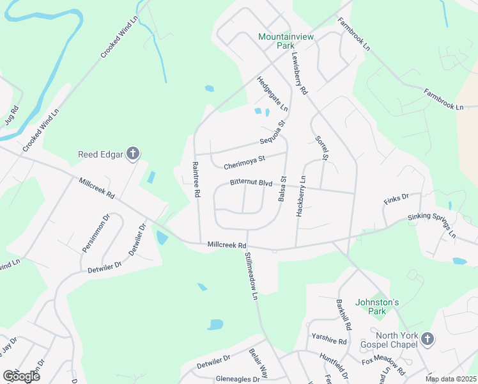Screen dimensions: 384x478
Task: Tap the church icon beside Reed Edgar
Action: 133,154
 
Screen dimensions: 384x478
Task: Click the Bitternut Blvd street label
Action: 251,184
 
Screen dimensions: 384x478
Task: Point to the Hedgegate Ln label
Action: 272,94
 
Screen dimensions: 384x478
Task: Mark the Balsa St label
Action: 282,189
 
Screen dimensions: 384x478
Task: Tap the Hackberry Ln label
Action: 300,196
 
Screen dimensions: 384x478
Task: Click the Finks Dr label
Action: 395,200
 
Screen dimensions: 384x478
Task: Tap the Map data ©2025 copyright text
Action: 450,379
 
